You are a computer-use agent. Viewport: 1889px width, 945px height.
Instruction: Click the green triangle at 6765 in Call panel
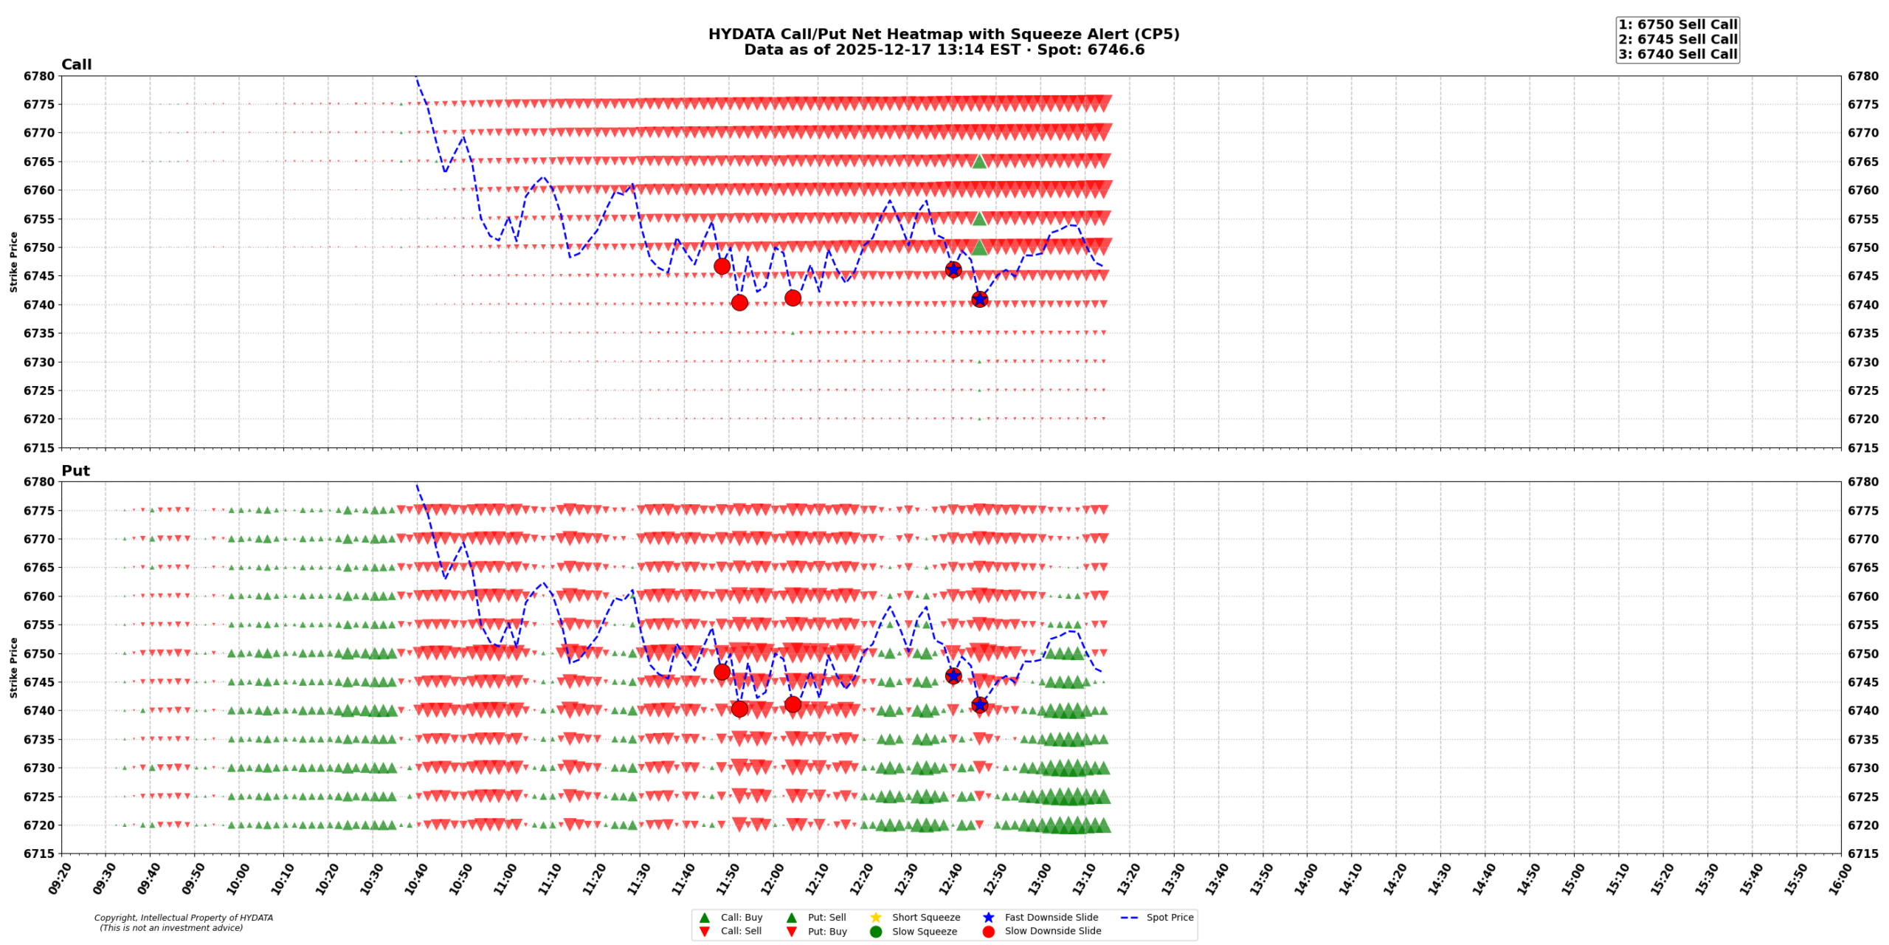(x=978, y=161)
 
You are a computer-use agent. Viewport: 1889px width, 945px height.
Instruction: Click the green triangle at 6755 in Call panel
(x=978, y=219)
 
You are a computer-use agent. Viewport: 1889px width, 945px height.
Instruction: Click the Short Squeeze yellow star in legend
(x=876, y=918)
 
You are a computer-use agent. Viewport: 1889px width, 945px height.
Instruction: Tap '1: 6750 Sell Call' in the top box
(x=1677, y=24)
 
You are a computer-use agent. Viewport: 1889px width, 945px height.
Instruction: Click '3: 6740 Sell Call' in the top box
(x=1677, y=54)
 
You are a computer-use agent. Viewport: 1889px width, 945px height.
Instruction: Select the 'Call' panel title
(x=77, y=65)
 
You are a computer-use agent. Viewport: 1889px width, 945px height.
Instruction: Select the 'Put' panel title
(x=75, y=471)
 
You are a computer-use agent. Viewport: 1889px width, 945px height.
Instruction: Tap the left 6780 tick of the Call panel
(x=39, y=76)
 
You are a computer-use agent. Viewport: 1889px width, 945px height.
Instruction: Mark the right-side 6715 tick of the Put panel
(x=1863, y=853)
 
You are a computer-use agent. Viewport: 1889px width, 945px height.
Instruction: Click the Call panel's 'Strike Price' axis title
(x=13, y=261)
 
